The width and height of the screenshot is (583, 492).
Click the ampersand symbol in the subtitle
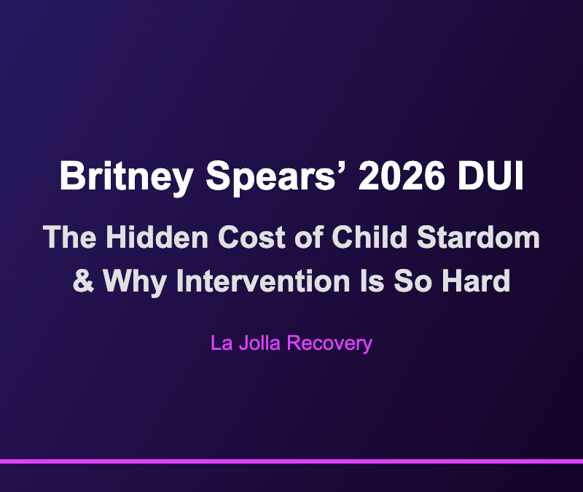click(x=85, y=281)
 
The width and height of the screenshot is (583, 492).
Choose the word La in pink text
click(x=221, y=343)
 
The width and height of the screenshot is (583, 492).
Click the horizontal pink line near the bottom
click(x=291, y=461)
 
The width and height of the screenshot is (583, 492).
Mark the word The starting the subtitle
click(x=70, y=238)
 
